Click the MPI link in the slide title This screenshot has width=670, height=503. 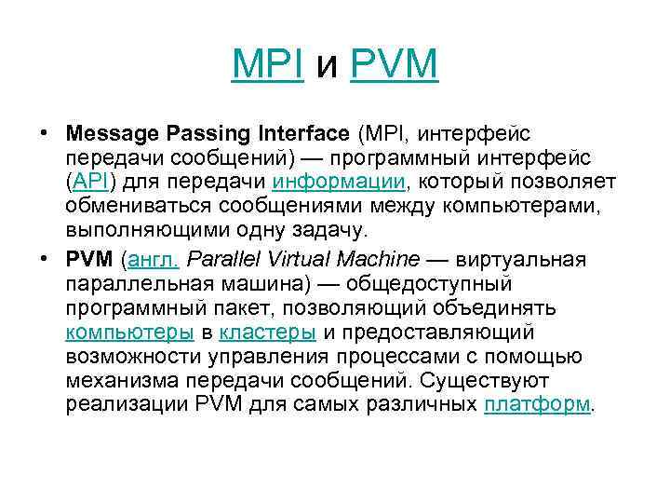click(x=268, y=64)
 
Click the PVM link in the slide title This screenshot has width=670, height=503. click(x=394, y=64)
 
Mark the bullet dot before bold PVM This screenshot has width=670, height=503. click(x=45, y=256)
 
